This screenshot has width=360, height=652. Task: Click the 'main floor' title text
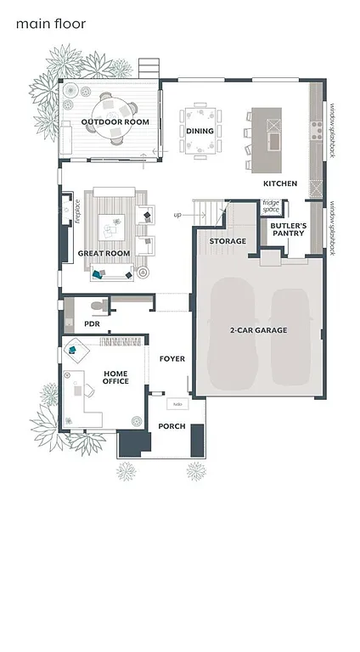pos(50,24)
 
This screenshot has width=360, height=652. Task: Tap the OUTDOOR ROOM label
pos(115,122)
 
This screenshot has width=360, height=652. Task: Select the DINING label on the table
pos(200,132)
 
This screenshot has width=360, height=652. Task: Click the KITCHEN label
pos(279,183)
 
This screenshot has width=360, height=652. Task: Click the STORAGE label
pos(228,241)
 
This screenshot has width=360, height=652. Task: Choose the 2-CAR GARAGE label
pos(258,329)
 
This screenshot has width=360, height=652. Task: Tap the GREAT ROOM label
pos(104,253)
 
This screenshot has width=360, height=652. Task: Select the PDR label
pos(92,324)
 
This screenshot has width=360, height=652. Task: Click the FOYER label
pos(172,359)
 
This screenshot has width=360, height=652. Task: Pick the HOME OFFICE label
pos(116,377)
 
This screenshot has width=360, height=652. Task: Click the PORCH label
pos(172,426)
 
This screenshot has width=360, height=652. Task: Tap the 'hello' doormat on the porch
pos(178,404)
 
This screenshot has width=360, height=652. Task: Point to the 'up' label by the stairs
pos(178,215)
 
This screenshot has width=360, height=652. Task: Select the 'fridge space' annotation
pos(270,205)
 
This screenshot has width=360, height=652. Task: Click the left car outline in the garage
pos(231,336)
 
